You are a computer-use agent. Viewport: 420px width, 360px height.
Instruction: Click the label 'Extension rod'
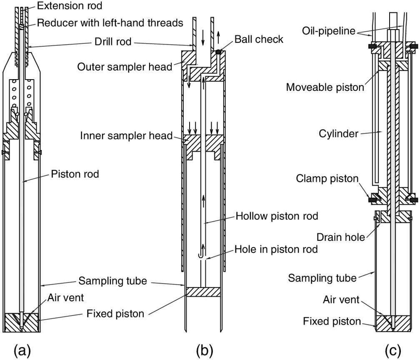pos(69,6)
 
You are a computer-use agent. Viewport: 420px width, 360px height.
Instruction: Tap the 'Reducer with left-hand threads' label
pos(110,23)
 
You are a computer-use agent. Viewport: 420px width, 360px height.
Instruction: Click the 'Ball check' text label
pos(259,39)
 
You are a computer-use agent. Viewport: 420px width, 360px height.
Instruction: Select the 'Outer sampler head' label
pos(125,67)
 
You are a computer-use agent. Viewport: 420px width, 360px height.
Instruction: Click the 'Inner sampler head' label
pos(126,135)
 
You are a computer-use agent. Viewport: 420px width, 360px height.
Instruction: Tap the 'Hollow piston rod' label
pos(277,216)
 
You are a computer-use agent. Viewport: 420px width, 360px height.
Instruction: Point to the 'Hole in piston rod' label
pos(276,249)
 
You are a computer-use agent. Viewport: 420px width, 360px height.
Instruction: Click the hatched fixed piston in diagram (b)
pos(203,292)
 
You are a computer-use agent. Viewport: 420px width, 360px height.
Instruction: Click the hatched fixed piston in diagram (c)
pos(393,323)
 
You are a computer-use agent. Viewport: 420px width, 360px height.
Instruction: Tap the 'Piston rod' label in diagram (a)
pos(75,174)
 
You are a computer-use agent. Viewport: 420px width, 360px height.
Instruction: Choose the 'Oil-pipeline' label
pos(329,31)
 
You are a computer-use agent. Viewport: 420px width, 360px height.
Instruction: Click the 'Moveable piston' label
pos(325,87)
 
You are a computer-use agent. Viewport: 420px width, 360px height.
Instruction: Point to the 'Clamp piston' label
pos(327,178)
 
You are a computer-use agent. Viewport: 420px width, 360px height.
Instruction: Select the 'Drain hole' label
pos(341,237)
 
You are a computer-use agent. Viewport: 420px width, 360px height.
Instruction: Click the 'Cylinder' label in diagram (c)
pos(339,134)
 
